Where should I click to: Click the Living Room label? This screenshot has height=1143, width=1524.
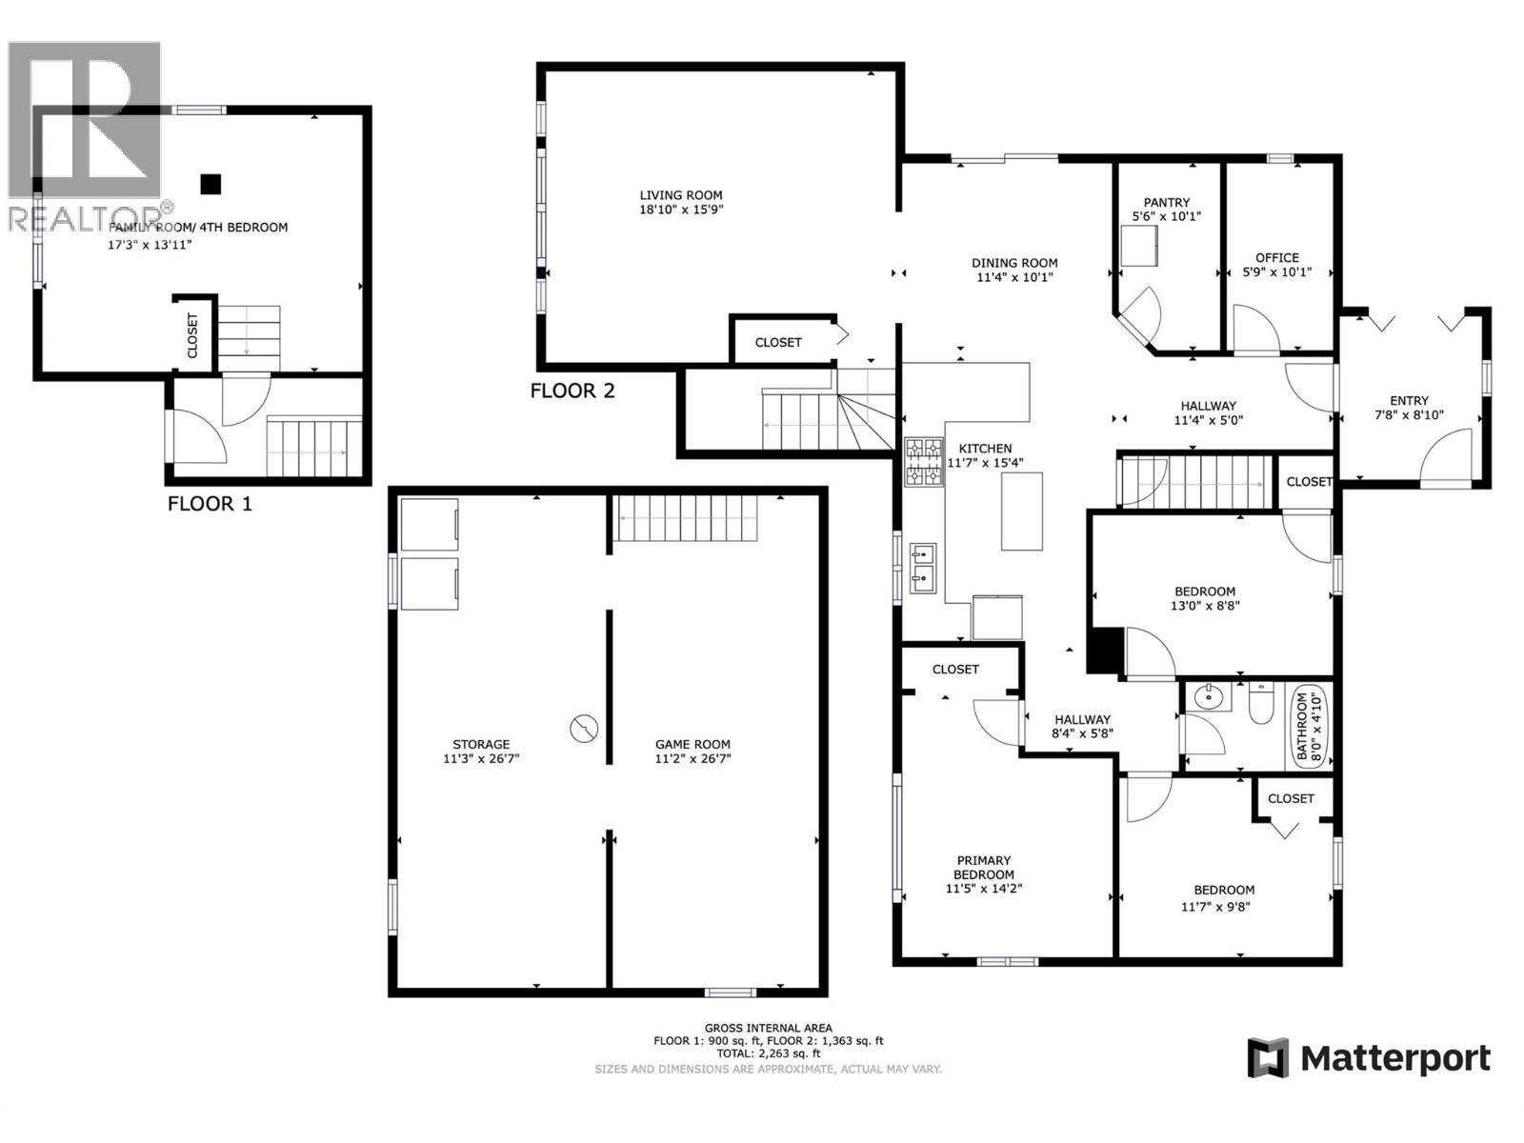(x=680, y=195)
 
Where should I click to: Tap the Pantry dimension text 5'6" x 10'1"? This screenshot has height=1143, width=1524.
(x=1166, y=217)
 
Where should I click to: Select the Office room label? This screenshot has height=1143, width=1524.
(x=1276, y=257)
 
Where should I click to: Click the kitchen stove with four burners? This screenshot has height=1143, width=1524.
(x=923, y=462)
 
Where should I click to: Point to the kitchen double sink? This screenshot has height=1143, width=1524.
(x=922, y=567)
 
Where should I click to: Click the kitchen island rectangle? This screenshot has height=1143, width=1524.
(x=1021, y=511)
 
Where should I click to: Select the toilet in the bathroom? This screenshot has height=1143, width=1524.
(x=1260, y=705)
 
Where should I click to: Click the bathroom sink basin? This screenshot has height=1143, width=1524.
(x=1209, y=698)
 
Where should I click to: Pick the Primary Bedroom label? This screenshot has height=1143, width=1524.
(x=983, y=867)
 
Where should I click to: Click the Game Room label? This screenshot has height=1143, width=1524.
(x=692, y=745)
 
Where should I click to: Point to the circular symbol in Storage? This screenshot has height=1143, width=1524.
(x=584, y=729)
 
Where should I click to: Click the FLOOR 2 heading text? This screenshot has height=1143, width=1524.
(x=572, y=391)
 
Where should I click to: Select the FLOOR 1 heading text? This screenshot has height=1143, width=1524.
(x=210, y=504)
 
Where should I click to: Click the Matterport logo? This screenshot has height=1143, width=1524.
(x=1369, y=1058)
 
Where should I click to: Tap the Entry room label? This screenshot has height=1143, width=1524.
(x=1409, y=401)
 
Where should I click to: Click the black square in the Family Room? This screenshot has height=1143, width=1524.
(x=211, y=184)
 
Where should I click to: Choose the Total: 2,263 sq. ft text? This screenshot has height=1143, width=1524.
(x=768, y=1053)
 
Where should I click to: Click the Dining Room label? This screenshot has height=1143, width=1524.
(x=1013, y=263)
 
